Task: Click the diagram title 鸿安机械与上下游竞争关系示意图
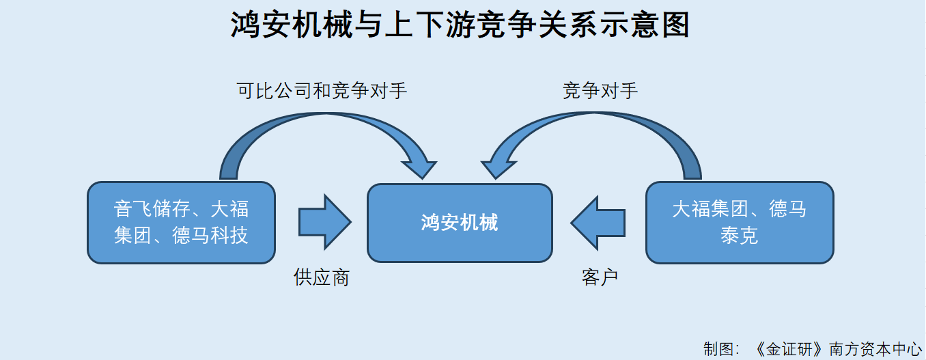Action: [x=460, y=25]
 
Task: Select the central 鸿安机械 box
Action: [x=460, y=223]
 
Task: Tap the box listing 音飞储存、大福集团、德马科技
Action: [x=181, y=223]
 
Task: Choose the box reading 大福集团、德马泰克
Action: [x=740, y=223]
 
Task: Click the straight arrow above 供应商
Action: [x=325, y=223]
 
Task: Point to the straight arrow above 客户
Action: [x=598, y=223]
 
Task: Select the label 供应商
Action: [x=322, y=277]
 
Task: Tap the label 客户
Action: [x=600, y=277]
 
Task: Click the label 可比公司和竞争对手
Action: [x=322, y=91]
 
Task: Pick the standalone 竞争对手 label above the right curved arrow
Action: [x=600, y=91]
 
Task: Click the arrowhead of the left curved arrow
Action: [x=419, y=168]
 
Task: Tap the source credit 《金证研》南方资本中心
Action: [x=837, y=349]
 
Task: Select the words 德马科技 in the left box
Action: [x=210, y=236]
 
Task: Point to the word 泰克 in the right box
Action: [x=740, y=236]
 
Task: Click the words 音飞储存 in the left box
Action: [x=152, y=209]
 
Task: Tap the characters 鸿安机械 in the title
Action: [x=292, y=25]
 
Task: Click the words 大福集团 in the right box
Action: [x=710, y=209]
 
